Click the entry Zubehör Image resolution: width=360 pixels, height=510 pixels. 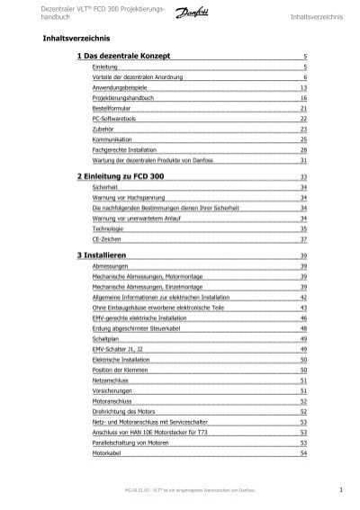pos(102,129)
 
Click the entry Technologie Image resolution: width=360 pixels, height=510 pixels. pos(108,229)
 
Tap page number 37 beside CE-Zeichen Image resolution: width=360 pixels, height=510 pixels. pos(303,240)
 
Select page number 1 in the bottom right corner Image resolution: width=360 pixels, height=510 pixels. pos(343,488)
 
